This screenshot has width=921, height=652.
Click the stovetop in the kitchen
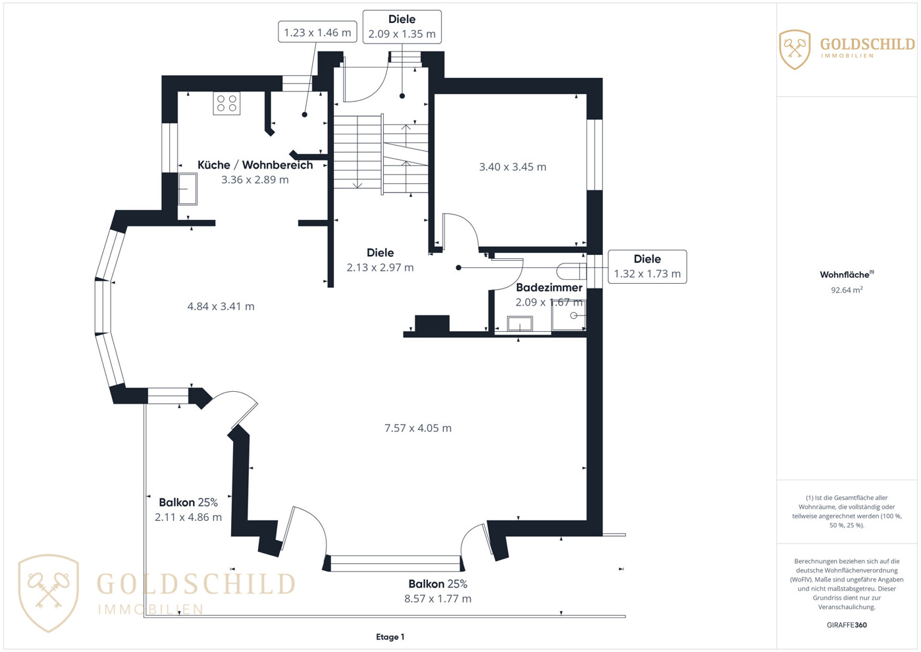226,103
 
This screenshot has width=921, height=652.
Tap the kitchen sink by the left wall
188,189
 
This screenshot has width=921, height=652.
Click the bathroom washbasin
519,324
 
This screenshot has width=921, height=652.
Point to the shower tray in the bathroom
569,315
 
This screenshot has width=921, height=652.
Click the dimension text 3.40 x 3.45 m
513,167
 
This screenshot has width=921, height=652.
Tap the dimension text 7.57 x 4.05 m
418,428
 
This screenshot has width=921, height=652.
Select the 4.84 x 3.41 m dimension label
221,306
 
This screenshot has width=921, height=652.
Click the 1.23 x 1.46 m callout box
317,32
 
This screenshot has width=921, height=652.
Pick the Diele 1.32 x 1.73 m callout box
647,267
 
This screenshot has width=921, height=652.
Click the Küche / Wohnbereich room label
255,165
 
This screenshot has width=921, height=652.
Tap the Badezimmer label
549,288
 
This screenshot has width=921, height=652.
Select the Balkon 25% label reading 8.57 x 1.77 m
438,591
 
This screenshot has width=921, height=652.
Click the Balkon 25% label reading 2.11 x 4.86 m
188,510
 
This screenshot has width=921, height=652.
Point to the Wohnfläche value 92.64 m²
847,290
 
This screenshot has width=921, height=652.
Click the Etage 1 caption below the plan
390,637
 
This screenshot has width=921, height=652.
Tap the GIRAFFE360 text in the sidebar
847,625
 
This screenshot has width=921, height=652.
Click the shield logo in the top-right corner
795,49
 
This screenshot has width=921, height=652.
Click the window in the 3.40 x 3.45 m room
594,155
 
